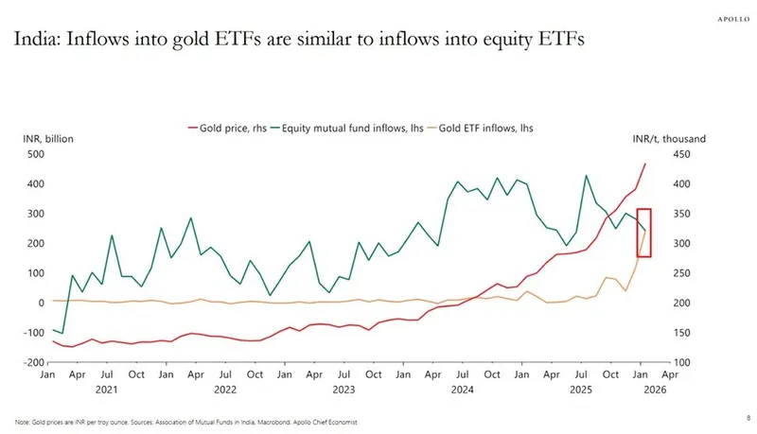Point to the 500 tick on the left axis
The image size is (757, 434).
(x=36, y=153)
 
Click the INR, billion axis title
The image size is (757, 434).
(x=47, y=139)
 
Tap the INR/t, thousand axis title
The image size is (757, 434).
(x=669, y=139)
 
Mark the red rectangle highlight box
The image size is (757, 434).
(x=643, y=232)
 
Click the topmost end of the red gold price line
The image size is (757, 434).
(x=645, y=164)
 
